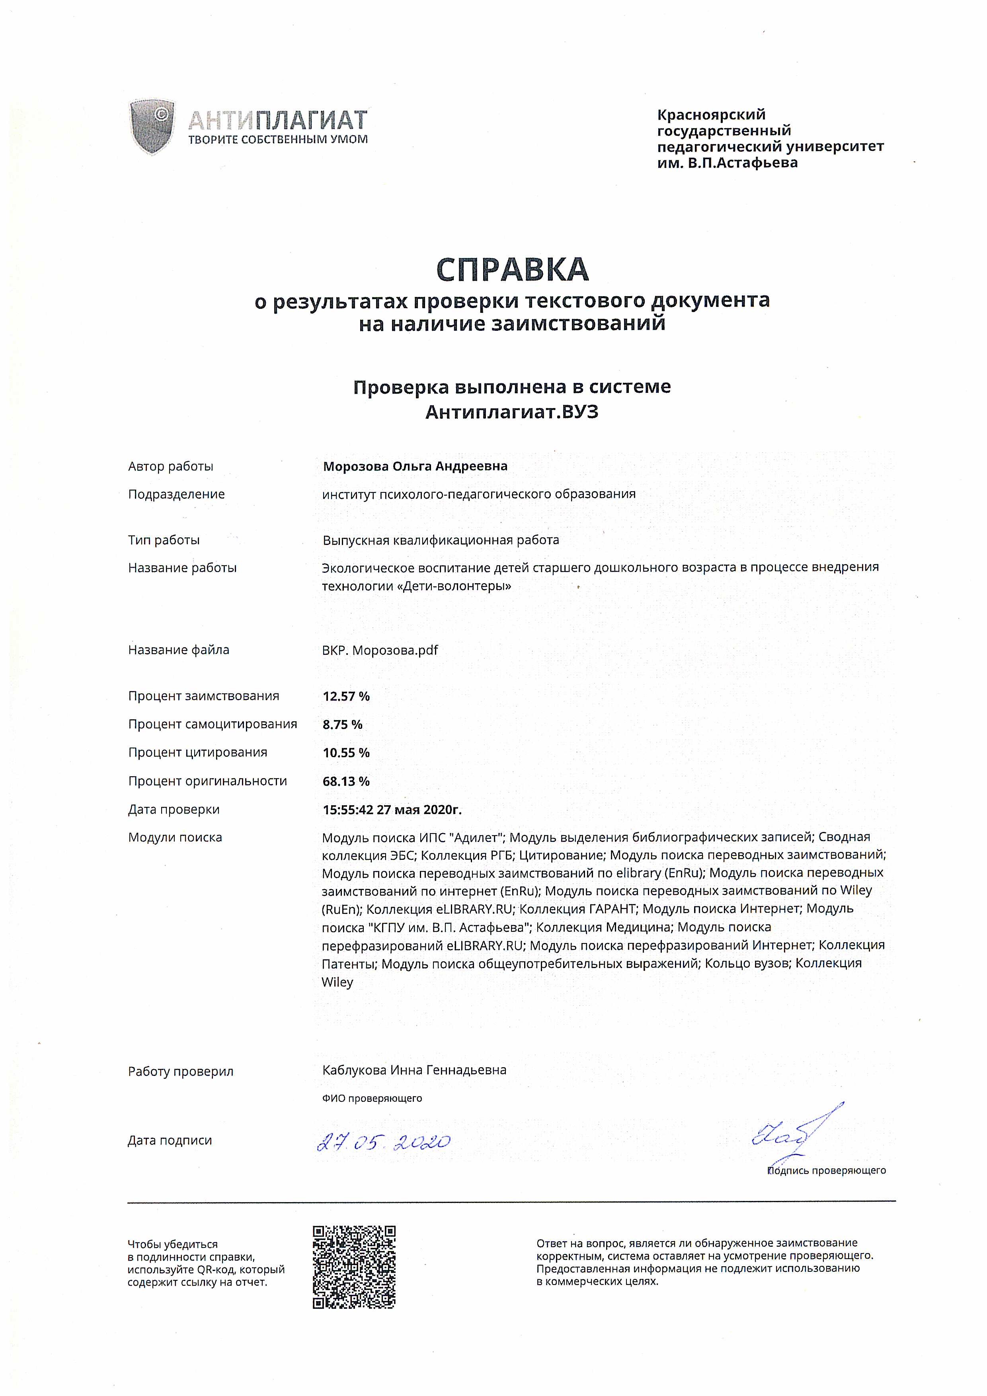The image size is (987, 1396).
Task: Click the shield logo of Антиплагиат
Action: click(x=152, y=128)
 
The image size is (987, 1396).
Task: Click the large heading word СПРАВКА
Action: click(x=512, y=270)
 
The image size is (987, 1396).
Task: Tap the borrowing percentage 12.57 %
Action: click(x=346, y=696)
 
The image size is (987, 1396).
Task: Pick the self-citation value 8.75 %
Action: click(x=342, y=724)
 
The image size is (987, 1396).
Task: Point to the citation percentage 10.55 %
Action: click(x=346, y=753)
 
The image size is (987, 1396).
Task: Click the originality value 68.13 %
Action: click(x=346, y=781)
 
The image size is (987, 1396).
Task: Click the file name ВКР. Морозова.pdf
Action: click(x=380, y=650)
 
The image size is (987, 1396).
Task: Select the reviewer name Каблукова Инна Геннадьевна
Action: click(x=414, y=1070)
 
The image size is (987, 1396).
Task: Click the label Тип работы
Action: click(x=164, y=540)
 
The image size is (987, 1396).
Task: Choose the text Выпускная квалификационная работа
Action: click(x=441, y=540)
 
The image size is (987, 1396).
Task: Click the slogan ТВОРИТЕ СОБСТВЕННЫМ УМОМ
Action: click(x=278, y=140)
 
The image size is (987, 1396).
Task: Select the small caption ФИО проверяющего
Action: click(x=372, y=1098)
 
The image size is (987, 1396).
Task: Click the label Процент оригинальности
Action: click(x=207, y=781)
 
